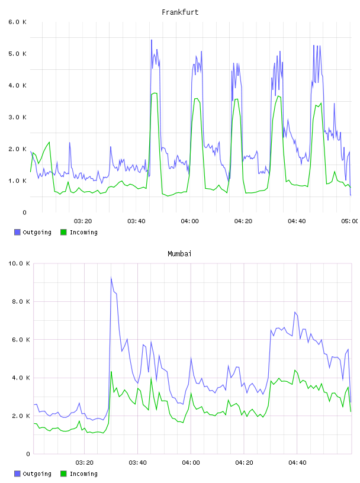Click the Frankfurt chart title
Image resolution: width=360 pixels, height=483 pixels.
(x=180, y=12)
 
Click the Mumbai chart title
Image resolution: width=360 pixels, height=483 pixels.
(x=179, y=254)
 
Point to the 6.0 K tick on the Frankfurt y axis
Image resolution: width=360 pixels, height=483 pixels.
(x=18, y=22)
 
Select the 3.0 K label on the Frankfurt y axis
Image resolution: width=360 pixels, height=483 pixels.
(x=18, y=117)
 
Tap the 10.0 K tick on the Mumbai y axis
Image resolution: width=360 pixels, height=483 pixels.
(x=19, y=263)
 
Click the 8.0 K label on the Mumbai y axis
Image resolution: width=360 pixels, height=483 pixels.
(x=21, y=301)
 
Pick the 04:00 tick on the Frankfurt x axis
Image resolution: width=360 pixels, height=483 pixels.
(x=189, y=221)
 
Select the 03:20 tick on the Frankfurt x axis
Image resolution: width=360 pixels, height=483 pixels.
(x=83, y=221)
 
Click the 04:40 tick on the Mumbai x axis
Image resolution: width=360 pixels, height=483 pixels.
(x=297, y=462)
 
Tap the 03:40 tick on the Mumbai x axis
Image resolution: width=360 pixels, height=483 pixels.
(x=137, y=462)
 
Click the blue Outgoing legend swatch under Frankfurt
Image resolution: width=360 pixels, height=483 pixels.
(x=17, y=232)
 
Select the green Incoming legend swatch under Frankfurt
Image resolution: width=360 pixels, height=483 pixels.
(x=63, y=232)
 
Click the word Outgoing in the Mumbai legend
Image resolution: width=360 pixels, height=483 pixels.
(x=37, y=474)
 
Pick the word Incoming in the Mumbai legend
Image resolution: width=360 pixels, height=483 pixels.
(x=83, y=474)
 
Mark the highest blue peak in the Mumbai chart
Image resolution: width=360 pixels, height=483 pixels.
(x=111, y=278)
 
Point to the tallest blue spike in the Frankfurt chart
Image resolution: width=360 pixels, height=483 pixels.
(x=152, y=40)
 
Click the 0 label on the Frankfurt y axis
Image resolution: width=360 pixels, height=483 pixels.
(x=24, y=212)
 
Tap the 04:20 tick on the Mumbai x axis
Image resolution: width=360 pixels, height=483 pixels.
(x=244, y=462)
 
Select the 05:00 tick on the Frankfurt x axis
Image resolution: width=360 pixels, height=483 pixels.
(x=350, y=221)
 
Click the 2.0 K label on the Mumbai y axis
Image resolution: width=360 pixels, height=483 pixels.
(x=21, y=416)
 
